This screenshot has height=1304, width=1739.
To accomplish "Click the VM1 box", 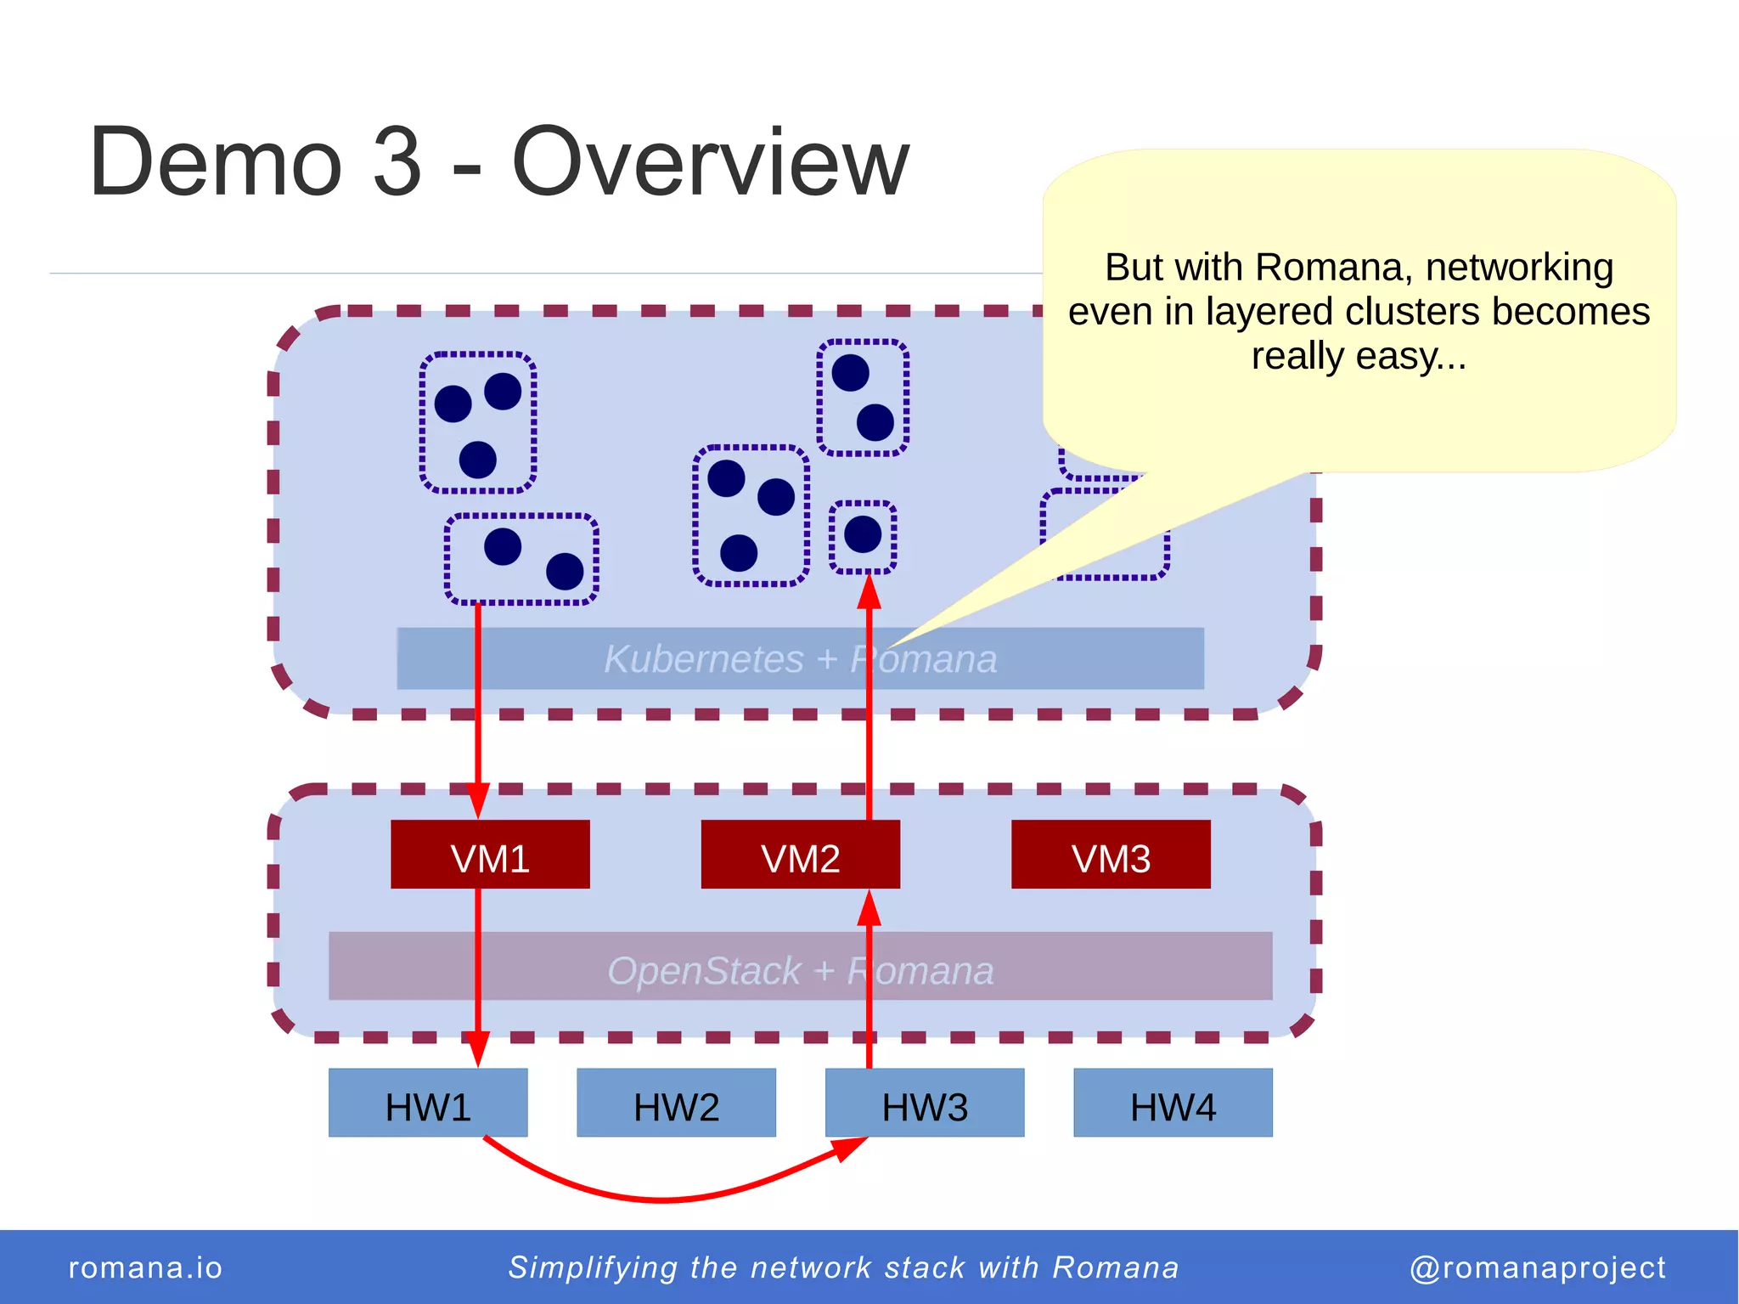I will (490, 855).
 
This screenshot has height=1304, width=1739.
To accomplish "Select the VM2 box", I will (800, 855).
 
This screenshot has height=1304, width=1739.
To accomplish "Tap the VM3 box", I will (1111, 855).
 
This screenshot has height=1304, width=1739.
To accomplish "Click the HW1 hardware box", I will (428, 1103).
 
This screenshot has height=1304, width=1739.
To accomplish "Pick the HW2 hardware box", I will (676, 1103).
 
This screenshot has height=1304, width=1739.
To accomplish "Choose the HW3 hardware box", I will (925, 1103).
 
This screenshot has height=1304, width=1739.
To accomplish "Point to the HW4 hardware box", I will (1173, 1103).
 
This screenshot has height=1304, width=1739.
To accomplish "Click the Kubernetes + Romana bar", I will (679, 658).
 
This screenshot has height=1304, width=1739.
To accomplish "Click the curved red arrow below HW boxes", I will (662, 1198).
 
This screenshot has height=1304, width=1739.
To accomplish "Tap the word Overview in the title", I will (710, 161).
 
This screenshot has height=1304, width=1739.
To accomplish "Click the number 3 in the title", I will (397, 161).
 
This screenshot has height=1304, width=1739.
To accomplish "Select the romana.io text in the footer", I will (145, 1267).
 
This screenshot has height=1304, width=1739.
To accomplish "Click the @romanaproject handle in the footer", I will (1537, 1267).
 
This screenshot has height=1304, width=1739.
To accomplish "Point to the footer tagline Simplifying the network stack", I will (842, 1267).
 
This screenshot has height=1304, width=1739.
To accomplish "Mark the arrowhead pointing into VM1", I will (478, 802).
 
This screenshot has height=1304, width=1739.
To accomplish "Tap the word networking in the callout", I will (1519, 268).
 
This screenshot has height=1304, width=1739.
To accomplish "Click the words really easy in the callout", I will (1359, 356).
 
